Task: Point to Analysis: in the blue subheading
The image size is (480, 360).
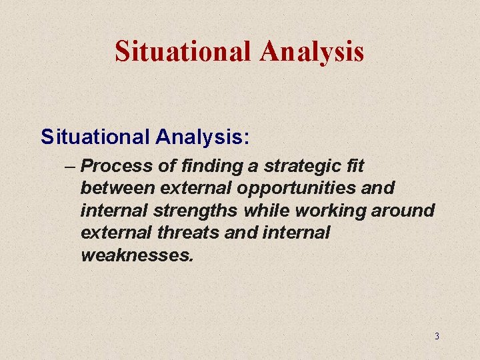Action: coord(203,137)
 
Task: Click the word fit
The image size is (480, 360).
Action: coord(354,166)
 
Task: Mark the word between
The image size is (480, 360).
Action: coord(119,189)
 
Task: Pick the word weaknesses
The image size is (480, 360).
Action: coord(137,255)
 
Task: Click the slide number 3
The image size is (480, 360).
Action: coord(437,336)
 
